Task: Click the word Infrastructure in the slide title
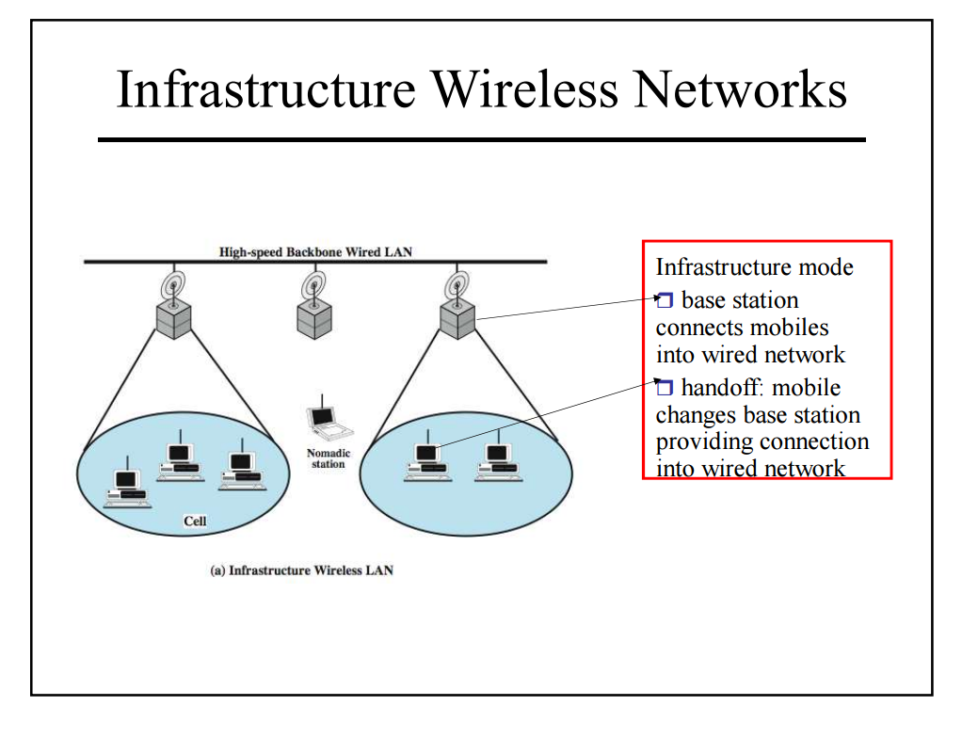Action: click(266, 90)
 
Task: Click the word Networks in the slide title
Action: click(741, 90)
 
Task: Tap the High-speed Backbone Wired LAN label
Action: click(315, 252)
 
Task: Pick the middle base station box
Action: click(313, 320)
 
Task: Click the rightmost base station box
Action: click(458, 320)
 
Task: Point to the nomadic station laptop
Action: click(326, 423)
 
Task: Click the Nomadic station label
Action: click(329, 458)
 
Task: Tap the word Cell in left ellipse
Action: click(195, 521)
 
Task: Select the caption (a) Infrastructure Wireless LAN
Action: click(301, 570)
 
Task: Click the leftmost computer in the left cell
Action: click(125, 486)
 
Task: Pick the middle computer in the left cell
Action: click(178, 460)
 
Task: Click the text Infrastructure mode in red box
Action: click(754, 267)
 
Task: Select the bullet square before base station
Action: click(665, 301)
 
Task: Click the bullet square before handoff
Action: click(665, 387)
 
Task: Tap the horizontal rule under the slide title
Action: click(481, 139)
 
